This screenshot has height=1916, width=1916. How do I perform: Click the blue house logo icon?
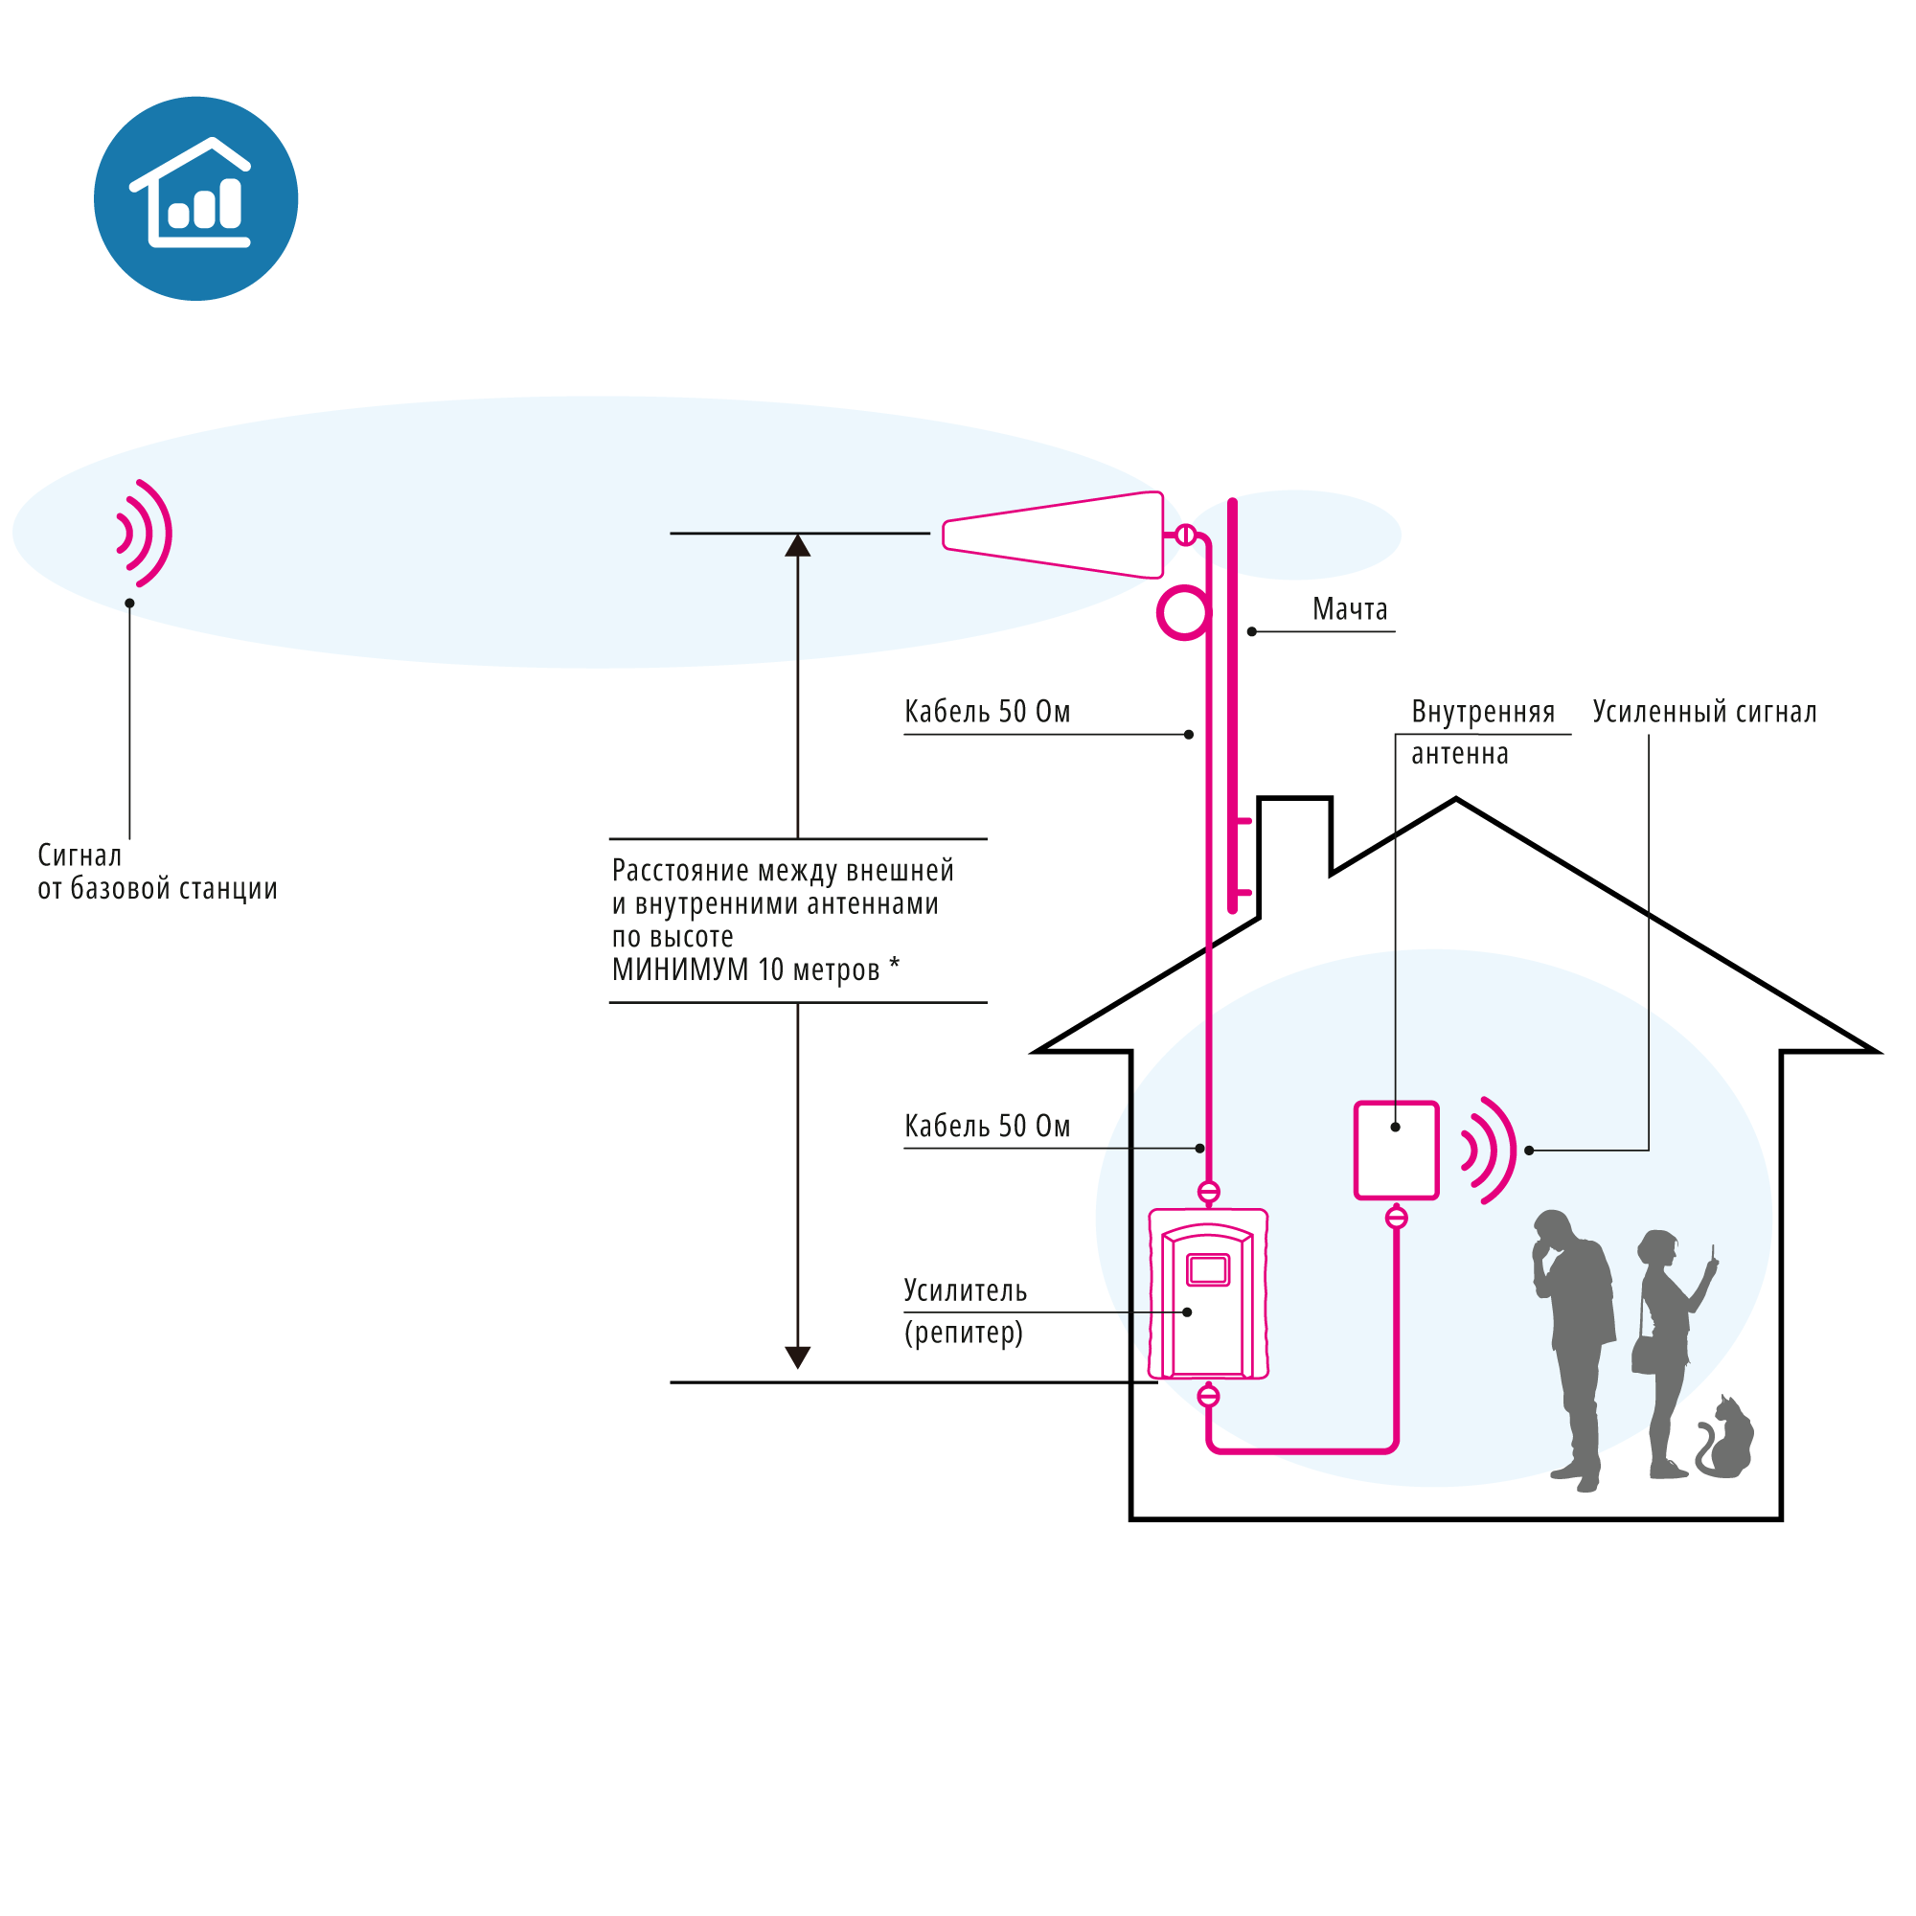196,198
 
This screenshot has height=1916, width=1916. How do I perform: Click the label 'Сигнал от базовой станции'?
157,871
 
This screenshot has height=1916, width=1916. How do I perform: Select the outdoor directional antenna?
1054,535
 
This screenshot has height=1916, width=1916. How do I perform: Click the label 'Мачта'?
1349,609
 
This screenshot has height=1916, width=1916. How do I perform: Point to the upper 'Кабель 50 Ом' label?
987,712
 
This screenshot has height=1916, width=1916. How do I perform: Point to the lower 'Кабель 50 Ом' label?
987,1127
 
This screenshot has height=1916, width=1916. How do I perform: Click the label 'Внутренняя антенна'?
1482,732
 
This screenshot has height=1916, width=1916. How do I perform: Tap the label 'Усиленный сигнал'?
1703,712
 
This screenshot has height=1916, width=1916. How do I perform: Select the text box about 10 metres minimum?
796,921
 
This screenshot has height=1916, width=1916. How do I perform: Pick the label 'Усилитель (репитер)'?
964,1312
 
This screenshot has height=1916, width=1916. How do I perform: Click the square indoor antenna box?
1397,1151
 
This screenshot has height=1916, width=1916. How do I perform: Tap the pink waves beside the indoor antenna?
1491,1151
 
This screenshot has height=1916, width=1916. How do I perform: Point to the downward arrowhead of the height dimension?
797,1357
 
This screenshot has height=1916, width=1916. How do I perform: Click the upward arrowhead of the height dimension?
797,546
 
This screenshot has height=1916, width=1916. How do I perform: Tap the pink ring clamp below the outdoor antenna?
1182,613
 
